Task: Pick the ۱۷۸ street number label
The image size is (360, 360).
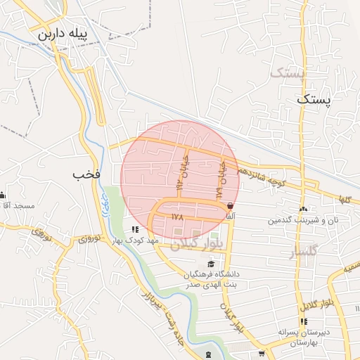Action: [x=176, y=218]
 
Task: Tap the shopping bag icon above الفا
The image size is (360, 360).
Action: [x=230, y=205]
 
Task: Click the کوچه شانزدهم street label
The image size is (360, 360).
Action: [x=260, y=176]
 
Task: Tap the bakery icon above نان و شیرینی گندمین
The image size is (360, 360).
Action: [x=303, y=209]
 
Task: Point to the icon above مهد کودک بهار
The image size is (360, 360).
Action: [x=135, y=229]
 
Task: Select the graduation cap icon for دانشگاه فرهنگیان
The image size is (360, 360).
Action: [x=211, y=263]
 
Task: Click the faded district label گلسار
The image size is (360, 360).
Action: [x=304, y=250]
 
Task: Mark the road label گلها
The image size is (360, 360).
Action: [x=344, y=200]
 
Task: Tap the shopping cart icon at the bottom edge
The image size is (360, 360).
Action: [x=262, y=354]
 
